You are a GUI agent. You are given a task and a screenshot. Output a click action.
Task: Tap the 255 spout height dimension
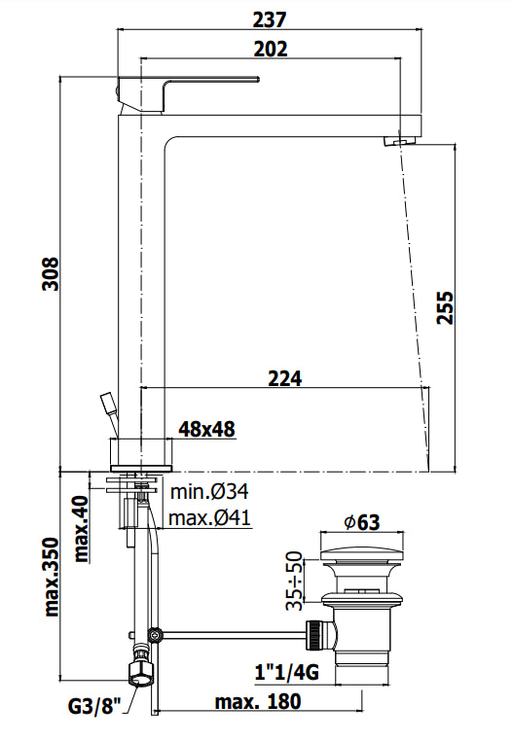pos(474,309)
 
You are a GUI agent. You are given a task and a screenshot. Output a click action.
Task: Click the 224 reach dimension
pos(283,377)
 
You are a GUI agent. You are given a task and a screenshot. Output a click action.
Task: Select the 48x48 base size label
pos(205,429)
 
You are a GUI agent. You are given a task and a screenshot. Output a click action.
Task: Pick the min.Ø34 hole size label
pos(209,492)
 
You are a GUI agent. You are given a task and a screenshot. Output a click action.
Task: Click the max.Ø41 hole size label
pos(210,516)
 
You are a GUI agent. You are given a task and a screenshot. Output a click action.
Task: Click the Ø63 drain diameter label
pos(360,522)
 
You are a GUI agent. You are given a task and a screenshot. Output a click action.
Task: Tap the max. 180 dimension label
pos(257,701)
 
